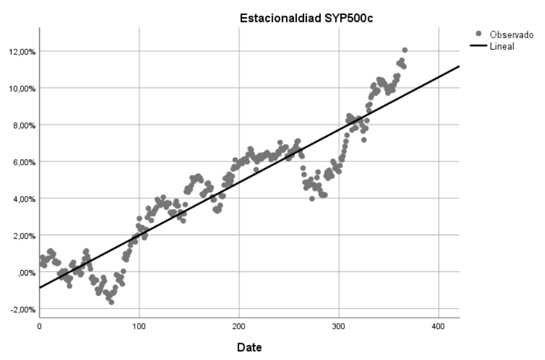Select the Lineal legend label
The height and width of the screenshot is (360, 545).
[x=502, y=46]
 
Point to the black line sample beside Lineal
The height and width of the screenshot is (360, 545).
[x=477, y=46]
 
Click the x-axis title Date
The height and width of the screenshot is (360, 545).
[x=249, y=348]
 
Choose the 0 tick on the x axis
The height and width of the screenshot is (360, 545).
[x=39, y=326]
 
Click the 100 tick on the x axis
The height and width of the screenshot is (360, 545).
[x=139, y=326]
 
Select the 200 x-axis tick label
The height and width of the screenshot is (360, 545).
[x=239, y=326]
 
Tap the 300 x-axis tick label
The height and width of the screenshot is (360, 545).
[x=339, y=326]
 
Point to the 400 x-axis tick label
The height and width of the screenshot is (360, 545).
[x=439, y=326]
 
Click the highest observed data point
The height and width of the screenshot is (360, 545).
[x=405, y=50]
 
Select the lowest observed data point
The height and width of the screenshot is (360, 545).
[x=111, y=302]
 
